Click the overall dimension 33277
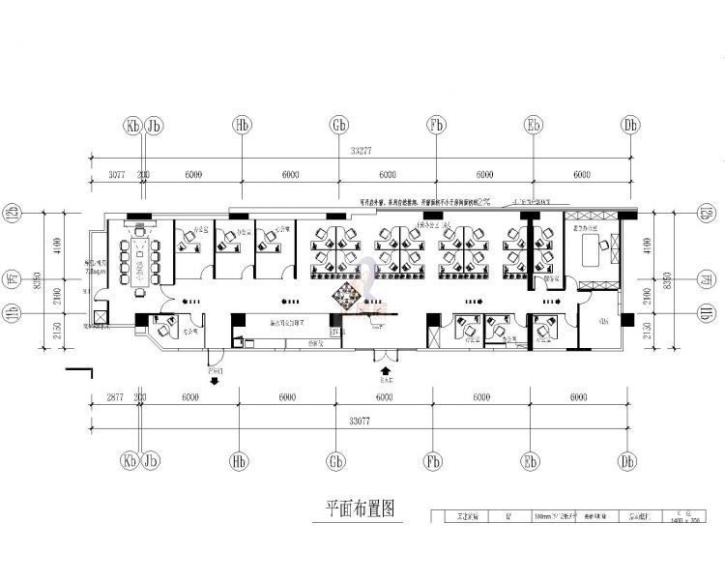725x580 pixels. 362,150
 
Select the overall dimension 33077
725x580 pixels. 362,420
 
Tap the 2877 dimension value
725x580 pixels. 115,397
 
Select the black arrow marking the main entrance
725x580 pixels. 386,369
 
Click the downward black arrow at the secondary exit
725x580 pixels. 214,380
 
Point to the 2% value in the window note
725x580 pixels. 482,203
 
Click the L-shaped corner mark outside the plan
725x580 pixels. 78,373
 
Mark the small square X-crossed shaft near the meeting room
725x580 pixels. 101,316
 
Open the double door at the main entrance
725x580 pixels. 385,350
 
